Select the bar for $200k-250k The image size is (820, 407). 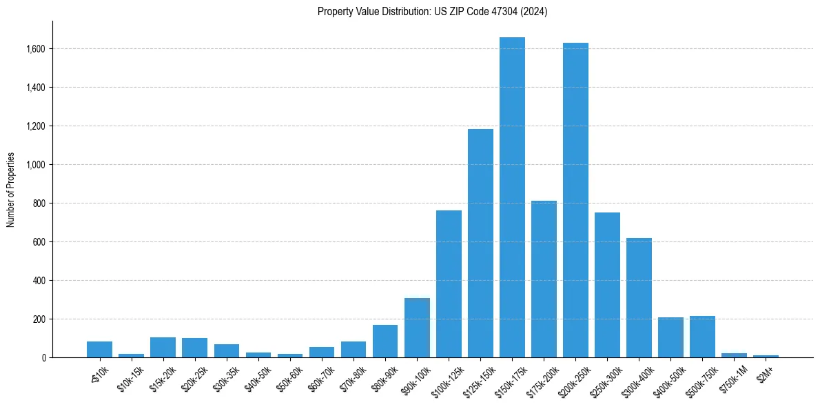(575, 200)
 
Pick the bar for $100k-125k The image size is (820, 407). (449, 284)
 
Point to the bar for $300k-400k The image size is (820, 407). (639, 297)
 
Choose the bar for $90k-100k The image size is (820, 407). (417, 328)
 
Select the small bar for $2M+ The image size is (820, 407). (766, 356)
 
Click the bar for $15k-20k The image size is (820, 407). (163, 347)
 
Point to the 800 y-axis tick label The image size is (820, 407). (40, 203)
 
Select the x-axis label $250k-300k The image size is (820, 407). (604, 377)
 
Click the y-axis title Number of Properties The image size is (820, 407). (10, 190)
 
